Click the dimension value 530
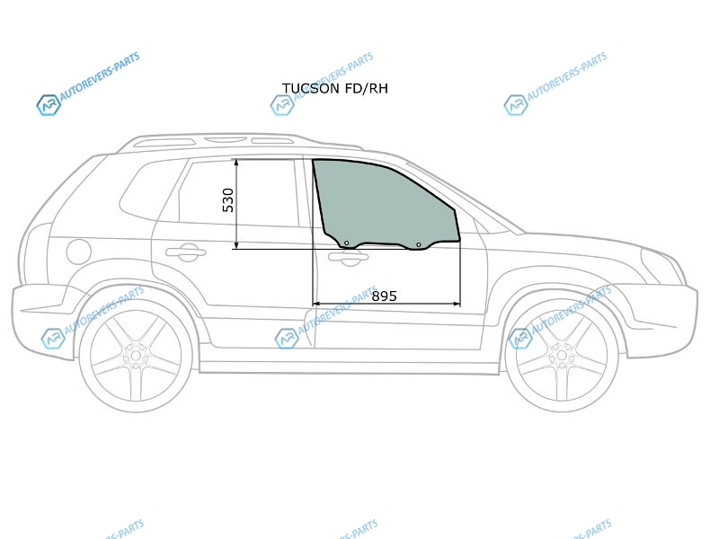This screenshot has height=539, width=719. (228, 199)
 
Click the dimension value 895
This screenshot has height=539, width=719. (384, 296)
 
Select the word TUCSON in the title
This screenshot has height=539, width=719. (310, 88)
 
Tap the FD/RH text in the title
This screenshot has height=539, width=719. (367, 88)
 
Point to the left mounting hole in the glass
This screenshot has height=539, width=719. (346, 243)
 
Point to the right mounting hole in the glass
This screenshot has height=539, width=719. (418, 244)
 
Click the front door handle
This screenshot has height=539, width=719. (349, 258)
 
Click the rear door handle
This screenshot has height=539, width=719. (185, 252)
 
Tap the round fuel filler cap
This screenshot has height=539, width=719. (78, 252)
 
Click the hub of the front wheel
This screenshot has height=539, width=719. (561, 356)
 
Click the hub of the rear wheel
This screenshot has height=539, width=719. (136, 356)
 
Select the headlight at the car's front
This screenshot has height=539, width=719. (663, 266)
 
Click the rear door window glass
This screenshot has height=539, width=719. (238, 192)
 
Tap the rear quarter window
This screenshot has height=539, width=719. (146, 192)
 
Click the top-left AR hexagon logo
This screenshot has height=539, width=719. (49, 105)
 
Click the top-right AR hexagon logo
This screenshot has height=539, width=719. (515, 105)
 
